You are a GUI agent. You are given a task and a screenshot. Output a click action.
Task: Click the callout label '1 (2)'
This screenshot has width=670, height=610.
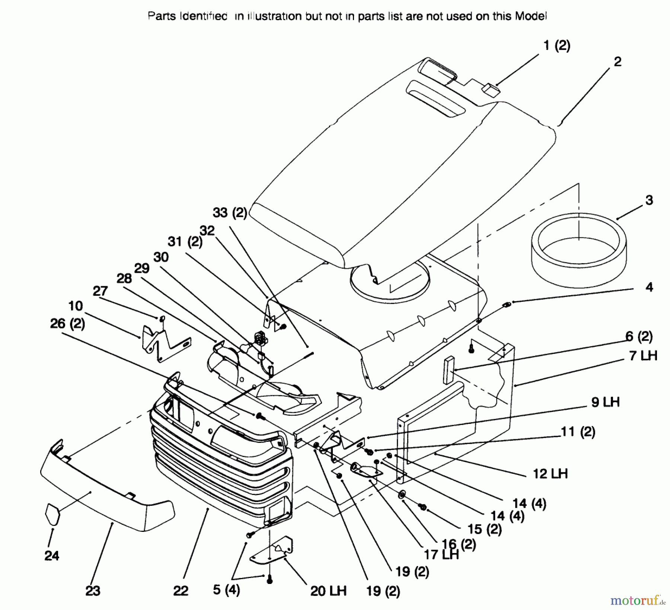pos(557,46)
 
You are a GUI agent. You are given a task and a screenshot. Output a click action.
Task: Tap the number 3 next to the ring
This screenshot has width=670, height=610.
pos(649,200)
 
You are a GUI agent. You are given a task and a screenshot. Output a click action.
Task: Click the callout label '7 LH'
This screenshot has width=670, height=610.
pos(643,356)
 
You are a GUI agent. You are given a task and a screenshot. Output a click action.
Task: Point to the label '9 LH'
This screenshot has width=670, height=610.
pos(606,402)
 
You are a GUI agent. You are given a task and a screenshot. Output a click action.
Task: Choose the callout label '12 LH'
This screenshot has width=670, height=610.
pos(550,474)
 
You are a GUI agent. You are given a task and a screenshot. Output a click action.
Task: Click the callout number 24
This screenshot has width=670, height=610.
pos(52,556)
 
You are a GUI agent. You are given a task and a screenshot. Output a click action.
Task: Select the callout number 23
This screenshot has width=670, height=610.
pos(93,591)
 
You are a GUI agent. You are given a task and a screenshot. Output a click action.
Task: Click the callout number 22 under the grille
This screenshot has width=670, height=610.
pos(181,591)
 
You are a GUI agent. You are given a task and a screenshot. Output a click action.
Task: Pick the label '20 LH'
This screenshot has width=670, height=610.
pos(328,591)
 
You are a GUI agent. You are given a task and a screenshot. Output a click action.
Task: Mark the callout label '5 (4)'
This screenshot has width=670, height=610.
pos(226,590)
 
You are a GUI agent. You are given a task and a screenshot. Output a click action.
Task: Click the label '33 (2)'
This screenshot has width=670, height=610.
pos(230,213)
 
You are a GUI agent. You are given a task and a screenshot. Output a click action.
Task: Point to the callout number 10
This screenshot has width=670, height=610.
pos(76,306)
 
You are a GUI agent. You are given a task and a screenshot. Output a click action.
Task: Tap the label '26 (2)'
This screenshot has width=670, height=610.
pos(67,324)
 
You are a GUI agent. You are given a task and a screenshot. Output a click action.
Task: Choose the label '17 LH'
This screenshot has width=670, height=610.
pos(441,555)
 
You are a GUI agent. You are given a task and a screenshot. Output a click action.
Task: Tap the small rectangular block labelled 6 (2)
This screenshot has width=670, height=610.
pos(449,370)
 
